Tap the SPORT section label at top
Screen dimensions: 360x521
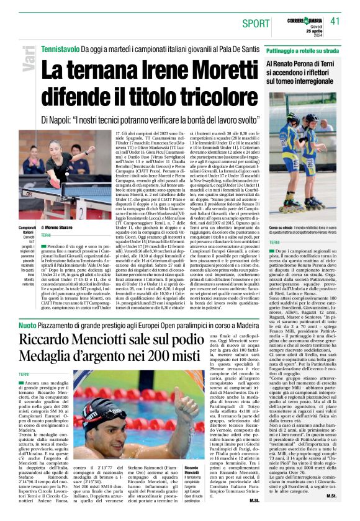(256, 23)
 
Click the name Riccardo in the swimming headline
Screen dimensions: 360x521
(52, 340)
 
